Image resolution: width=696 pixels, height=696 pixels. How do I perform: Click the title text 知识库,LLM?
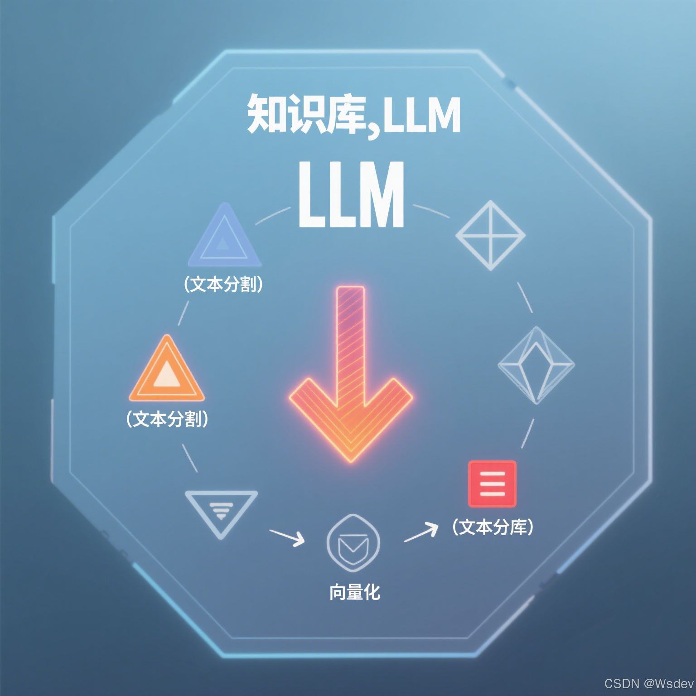pos(353,114)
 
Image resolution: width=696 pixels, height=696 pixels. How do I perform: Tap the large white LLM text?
pos(351,195)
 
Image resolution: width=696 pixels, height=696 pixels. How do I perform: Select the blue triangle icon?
pos(224,238)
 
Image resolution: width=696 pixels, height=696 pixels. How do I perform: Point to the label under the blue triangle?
pos(223,285)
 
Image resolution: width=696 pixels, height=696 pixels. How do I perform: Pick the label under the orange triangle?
pos(167,419)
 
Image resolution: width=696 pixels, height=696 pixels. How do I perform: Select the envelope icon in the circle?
pos(353,543)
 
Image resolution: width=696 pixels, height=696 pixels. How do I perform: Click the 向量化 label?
pos(354,592)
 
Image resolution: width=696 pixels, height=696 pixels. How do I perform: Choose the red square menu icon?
pos(492,483)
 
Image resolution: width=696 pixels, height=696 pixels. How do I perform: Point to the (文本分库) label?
pos(493,527)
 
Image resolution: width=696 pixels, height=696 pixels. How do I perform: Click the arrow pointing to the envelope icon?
pos(288,536)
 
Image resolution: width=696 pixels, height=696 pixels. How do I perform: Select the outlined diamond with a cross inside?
pos(490,236)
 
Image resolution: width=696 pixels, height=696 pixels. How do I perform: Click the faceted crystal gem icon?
pos(536,365)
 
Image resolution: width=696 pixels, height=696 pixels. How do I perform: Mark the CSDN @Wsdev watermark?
pos(648,684)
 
